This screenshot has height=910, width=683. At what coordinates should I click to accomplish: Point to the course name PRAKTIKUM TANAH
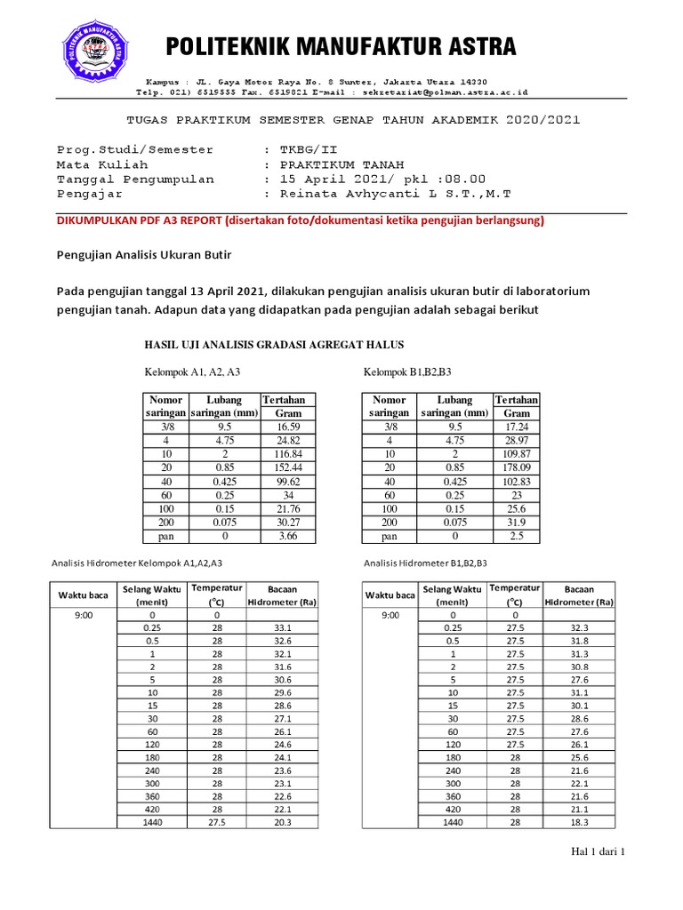point(342,164)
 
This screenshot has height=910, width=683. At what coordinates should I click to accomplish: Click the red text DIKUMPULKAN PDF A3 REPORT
point(140,220)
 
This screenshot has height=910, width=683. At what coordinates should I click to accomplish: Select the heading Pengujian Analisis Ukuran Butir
point(144,256)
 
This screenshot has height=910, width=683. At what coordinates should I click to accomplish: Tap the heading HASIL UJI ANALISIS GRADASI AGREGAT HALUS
point(274,345)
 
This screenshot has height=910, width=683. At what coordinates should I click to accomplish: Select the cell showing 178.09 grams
point(516,467)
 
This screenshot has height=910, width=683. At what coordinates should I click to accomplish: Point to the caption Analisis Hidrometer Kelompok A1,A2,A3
point(138,563)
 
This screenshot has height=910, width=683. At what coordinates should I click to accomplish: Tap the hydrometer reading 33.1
point(282,627)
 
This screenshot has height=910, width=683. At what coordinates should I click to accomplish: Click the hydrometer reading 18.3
point(579,822)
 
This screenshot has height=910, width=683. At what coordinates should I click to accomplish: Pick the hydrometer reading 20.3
point(282,822)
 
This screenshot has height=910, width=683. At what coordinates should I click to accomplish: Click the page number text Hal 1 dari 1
point(599,852)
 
